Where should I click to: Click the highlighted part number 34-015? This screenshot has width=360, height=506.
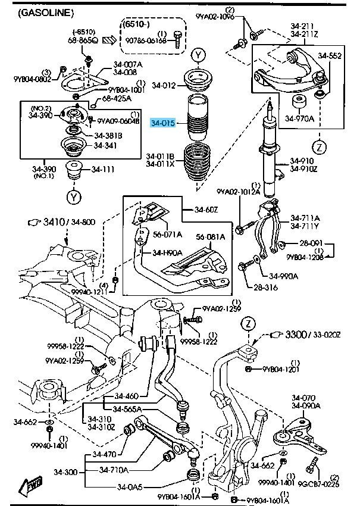[162, 123]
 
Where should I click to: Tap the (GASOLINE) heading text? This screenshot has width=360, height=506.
[46, 12]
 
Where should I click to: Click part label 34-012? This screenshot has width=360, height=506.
[164, 86]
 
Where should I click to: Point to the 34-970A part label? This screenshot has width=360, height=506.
[299, 118]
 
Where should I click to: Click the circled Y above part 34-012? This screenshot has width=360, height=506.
[198, 57]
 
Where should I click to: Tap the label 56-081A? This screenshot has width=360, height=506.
[211, 237]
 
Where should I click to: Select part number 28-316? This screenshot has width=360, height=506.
[266, 288]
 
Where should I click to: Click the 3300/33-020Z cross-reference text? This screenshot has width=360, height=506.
[315, 335]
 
